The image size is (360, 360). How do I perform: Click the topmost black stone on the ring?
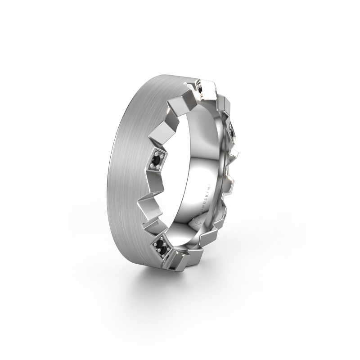click(x=200, y=90)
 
